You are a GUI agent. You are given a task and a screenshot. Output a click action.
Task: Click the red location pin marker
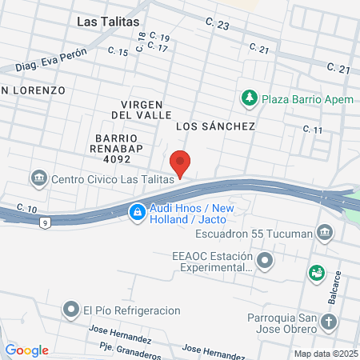[181, 162]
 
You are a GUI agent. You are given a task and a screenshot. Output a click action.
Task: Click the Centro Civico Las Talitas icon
[38, 178]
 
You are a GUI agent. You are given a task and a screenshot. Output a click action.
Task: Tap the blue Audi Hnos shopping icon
[138, 212]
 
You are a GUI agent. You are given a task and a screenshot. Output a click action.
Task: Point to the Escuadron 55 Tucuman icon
[325, 234]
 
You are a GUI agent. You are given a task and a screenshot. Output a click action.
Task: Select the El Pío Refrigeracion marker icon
[72, 309]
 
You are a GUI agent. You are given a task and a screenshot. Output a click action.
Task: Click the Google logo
[27, 350]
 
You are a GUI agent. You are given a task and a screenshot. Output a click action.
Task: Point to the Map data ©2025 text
[324, 353]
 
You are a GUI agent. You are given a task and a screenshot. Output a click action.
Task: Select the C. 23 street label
[217, 26]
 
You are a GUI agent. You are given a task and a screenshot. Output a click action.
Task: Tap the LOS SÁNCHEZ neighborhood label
[214, 126]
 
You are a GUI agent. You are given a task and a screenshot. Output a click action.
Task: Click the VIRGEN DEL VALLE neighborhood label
[142, 110]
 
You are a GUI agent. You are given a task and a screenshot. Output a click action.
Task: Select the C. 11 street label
[312, 130]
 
